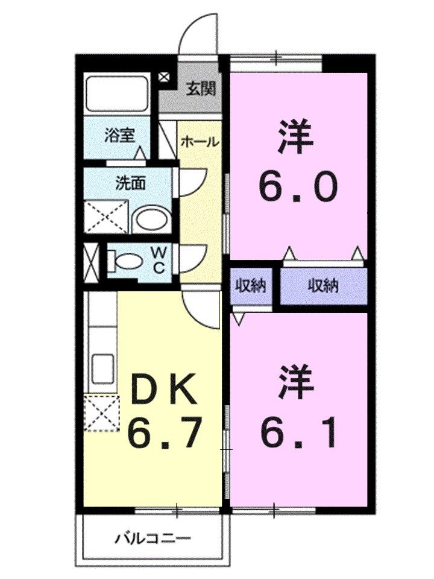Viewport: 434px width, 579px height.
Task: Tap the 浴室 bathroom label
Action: click(x=118, y=136)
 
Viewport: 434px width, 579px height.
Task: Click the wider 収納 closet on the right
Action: click(x=324, y=285)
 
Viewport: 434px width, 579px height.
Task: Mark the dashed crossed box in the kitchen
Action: click(x=102, y=413)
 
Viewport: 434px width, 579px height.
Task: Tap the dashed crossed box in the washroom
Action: click(x=105, y=216)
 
